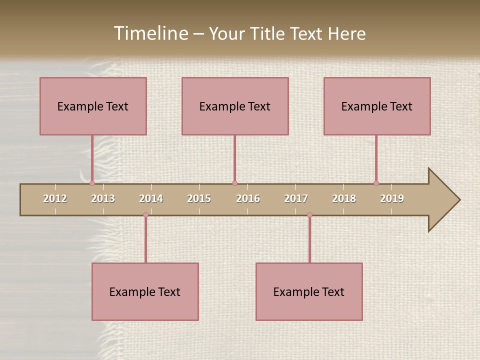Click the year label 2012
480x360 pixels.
point(55,198)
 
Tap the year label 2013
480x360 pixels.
point(103,198)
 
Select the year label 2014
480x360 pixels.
point(151,198)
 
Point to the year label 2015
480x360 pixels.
point(199,198)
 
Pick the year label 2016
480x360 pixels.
point(248,198)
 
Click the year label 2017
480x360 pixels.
point(296,198)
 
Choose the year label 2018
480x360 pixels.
point(344,198)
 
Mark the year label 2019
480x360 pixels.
point(392,198)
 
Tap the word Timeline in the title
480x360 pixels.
point(150,33)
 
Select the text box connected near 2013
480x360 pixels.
point(93,106)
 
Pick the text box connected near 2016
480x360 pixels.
point(235,106)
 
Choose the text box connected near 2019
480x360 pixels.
point(377,106)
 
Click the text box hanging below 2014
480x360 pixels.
point(145,291)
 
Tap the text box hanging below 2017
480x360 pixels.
point(309,291)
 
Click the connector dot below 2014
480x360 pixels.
point(146,214)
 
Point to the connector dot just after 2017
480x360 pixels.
point(309,214)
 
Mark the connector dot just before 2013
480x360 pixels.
point(92,183)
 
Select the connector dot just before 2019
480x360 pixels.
point(376,183)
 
